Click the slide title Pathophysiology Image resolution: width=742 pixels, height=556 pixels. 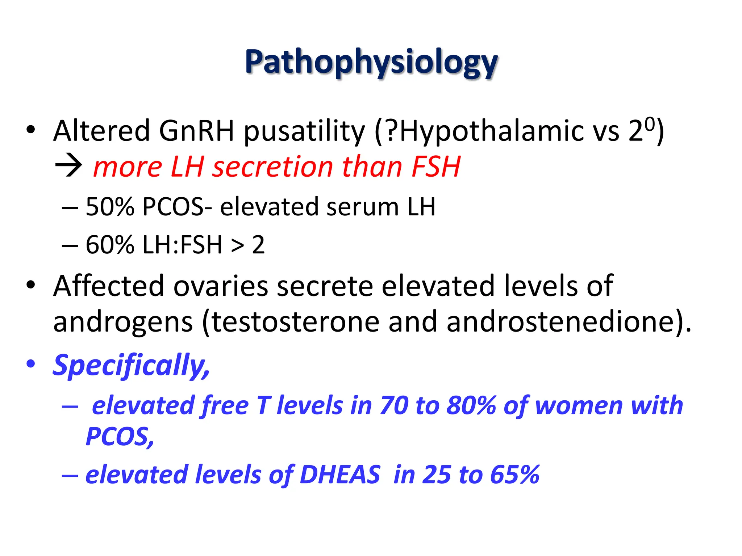pyautogui.click(x=371, y=62)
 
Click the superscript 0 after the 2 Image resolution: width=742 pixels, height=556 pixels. pyautogui.click(x=650, y=125)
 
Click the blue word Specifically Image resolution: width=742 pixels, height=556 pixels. pyautogui.click(x=130, y=366)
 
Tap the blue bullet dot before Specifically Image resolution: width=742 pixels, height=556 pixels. pyautogui.click(x=31, y=364)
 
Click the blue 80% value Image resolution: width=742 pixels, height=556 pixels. pyautogui.click(x=471, y=405)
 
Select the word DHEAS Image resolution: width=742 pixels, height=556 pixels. pyautogui.click(x=340, y=475)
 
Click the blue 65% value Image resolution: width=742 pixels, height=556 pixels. pyautogui.click(x=515, y=475)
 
